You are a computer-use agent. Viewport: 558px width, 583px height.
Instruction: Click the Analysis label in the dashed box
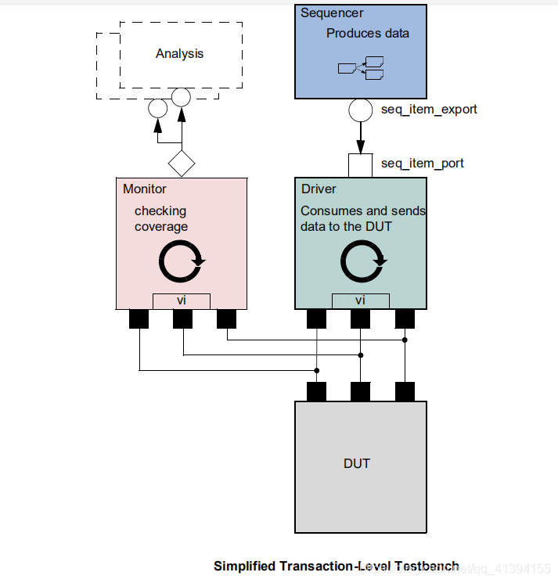coord(179,54)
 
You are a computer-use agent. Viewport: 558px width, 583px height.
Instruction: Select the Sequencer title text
coord(332,13)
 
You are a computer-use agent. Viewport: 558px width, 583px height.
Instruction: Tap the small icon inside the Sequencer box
coord(361,69)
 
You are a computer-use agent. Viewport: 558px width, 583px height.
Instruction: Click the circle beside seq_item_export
coord(360,110)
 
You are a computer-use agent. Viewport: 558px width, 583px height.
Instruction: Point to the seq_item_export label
coord(429,110)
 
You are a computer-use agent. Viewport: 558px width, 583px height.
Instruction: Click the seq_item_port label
coord(422,164)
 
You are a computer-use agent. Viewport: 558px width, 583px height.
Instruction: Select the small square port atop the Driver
coord(360,165)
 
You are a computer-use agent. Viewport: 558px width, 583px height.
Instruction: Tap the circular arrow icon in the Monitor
coord(182,261)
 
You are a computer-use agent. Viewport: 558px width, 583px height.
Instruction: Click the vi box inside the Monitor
coord(181,300)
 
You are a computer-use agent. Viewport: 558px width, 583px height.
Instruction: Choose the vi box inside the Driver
coord(360,300)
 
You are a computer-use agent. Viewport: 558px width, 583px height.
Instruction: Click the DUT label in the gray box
coord(357,463)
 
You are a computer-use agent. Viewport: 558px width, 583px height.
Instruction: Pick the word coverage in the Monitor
coord(161,227)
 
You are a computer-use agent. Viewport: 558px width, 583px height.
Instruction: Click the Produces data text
coord(367,34)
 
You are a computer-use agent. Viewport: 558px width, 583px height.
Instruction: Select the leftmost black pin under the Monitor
coord(139,319)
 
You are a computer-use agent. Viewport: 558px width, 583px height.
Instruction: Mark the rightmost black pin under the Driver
coord(405,319)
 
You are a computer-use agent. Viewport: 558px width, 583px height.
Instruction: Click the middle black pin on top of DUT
coord(360,391)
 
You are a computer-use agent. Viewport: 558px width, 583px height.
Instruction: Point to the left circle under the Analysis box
coord(157,108)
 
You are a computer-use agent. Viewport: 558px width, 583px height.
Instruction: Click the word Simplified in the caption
coord(243,566)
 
